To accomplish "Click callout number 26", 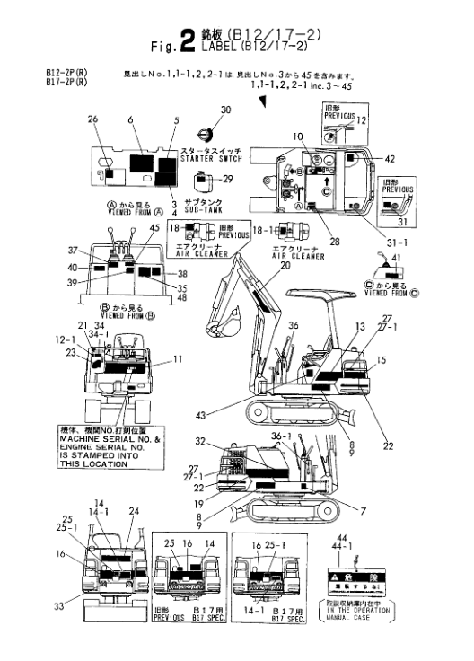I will coord(92,119).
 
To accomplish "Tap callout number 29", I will coord(228,178).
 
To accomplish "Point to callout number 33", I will coord(59,607).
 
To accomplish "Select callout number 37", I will coord(85,251).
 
